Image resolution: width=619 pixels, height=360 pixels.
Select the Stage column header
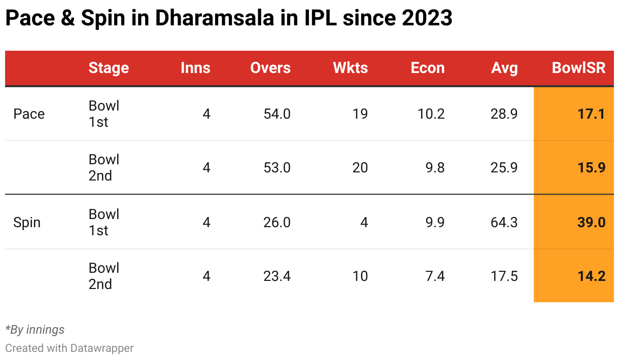(x=109, y=68)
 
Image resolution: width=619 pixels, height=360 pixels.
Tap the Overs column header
(x=270, y=68)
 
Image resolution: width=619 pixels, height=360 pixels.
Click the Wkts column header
(x=350, y=68)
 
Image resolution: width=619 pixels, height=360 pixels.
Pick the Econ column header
(x=428, y=68)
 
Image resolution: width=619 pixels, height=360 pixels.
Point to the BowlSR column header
(x=578, y=68)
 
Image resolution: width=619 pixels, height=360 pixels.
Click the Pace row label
(x=29, y=114)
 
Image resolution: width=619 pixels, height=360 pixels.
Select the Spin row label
(x=27, y=223)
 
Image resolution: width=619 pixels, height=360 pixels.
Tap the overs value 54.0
(x=277, y=114)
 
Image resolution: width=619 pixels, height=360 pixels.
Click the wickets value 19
(x=360, y=114)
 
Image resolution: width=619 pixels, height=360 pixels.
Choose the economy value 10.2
(x=431, y=114)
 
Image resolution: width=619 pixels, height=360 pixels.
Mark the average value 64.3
(x=504, y=223)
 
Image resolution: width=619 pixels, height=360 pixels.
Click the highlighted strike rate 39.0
(x=592, y=223)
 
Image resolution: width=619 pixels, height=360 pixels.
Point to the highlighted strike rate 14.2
(x=592, y=276)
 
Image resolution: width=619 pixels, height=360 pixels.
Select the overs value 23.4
(x=277, y=276)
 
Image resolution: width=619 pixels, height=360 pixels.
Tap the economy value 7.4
(x=435, y=276)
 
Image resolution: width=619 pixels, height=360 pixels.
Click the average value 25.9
(x=504, y=168)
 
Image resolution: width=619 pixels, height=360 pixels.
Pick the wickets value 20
(x=360, y=168)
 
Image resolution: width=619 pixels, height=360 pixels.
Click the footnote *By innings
(x=35, y=330)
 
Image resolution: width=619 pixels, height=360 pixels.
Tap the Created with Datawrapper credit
(x=70, y=348)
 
